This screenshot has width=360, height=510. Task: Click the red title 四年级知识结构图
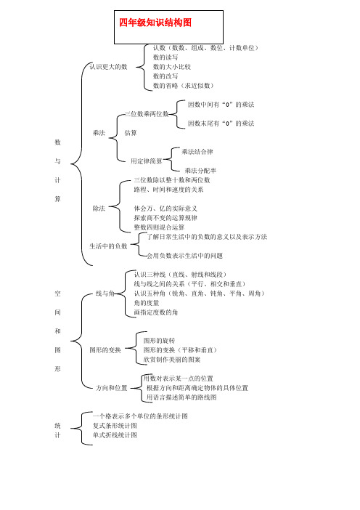point(155,23)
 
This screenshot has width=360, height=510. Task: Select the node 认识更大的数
point(109,67)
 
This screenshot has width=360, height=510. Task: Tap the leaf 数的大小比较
point(172,67)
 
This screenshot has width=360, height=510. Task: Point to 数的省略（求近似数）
point(183,86)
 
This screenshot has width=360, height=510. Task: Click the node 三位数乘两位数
point(147,114)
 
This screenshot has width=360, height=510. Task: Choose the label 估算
point(131,133)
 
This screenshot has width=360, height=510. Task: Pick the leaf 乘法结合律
point(197,152)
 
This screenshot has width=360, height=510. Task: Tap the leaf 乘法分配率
point(200,171)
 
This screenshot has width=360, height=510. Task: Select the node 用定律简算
point(147,161)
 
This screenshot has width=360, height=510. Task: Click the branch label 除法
point(99,209)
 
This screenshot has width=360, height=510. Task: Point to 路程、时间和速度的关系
point(168,190)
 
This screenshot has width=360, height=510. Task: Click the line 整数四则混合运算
point(159,227)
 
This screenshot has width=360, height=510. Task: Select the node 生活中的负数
point(109,246)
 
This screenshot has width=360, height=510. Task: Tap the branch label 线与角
point(105,294)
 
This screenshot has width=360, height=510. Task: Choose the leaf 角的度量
point(147,303)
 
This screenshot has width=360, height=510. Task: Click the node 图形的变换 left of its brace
point(105,350)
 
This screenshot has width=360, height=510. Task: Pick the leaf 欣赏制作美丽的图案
point(172,360)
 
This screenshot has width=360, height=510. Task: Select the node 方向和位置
point(112,388)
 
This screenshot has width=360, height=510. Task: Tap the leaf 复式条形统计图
point(115,426)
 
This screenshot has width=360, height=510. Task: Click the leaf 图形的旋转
point(159,341)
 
